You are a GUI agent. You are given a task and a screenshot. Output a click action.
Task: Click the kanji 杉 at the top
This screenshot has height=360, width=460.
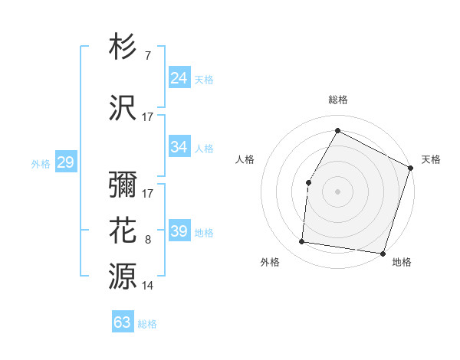123,47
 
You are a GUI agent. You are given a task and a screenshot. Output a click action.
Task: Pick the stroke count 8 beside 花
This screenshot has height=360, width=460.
147,241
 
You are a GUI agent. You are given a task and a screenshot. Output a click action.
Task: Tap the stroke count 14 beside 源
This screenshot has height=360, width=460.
148,286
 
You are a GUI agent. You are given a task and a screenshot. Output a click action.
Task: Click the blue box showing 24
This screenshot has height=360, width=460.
179,78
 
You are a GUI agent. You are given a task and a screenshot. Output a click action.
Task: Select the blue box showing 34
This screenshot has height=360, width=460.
179,147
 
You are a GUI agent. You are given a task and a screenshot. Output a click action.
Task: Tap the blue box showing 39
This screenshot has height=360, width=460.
179,231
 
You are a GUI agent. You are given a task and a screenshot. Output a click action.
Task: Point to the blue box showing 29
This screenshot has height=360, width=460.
65,162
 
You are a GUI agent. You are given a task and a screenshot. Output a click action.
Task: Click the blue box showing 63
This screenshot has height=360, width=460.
123,322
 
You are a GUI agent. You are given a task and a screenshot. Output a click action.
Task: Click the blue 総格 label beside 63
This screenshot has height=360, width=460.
148,324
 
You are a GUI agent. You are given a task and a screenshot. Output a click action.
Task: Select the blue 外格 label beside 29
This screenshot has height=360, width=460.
41,163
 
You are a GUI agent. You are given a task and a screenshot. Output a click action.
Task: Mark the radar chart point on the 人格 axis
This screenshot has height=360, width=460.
308,182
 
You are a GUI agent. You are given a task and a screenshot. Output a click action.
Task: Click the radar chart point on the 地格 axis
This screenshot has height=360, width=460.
383,253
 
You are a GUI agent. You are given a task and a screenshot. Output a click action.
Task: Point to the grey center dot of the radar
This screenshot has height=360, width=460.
337,191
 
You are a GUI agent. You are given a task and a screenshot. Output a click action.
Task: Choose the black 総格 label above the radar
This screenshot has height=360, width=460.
338,100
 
